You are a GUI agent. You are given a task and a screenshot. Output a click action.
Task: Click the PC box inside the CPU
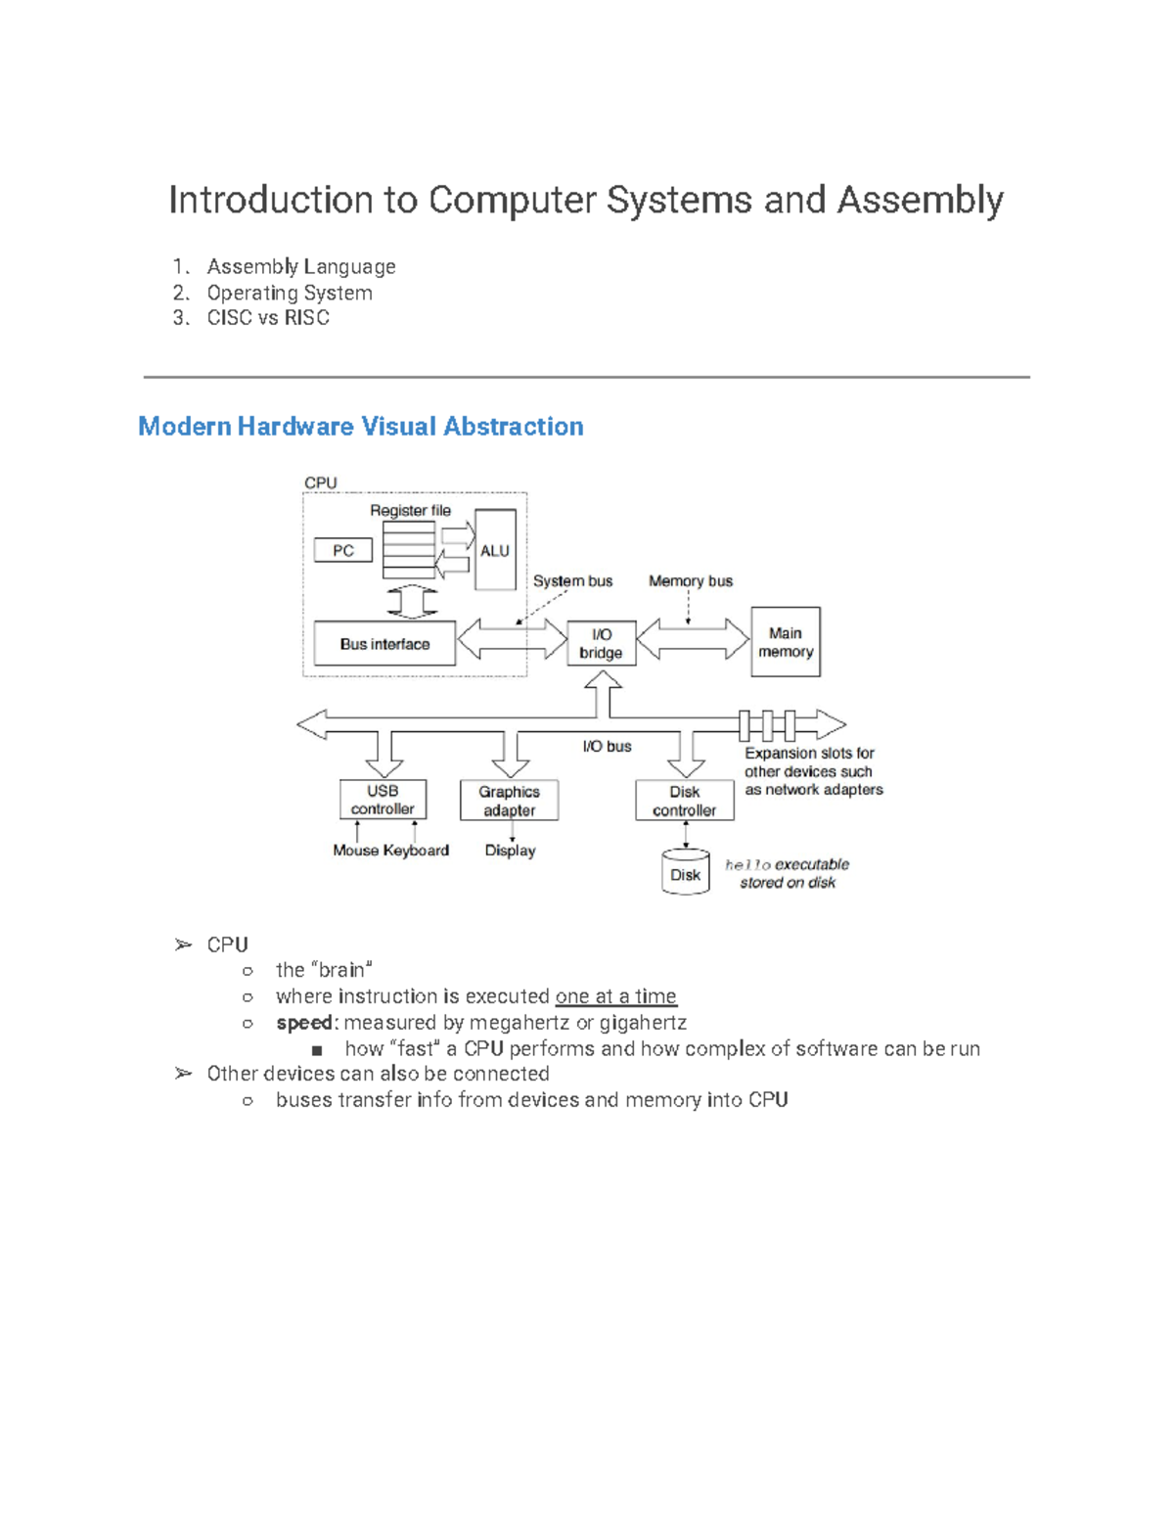(x=342, y=550)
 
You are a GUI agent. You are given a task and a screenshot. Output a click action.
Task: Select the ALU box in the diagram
(x=495, y=550)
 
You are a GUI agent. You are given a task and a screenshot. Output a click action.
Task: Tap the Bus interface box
(x=384, y=644)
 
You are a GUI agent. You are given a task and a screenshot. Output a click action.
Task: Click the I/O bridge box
(x=601, y=643)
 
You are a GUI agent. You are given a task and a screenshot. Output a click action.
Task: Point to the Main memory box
(x=785, y=642)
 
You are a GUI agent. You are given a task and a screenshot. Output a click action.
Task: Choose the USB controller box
(x=383, y=800)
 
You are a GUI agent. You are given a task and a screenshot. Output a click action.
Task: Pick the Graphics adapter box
(x=509, y=801)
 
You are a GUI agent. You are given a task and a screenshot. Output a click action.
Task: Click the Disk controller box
(x=684, y=801)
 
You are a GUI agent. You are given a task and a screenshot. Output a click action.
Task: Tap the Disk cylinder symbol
(x=685, y=873)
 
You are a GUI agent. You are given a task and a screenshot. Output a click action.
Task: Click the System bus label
(x=572, y=580)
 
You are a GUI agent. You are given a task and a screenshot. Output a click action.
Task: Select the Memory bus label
(x=690, y=580)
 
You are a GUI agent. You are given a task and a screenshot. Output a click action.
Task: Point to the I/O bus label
(x=607, y=746)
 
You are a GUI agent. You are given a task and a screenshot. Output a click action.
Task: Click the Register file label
(x=410, y=510)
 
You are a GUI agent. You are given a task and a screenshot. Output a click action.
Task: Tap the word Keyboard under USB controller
(x=416, y=851)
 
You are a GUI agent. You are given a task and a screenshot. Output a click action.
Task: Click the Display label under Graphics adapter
(x=510, y=851)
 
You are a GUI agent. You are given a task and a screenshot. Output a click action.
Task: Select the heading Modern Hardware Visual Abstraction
(x=360, y=427)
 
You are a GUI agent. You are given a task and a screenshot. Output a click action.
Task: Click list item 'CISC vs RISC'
(x=267, y=318)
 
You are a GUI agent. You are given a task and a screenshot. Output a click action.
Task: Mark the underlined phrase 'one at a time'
(x=615, y=996)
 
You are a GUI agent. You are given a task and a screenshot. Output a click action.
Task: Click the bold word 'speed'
(x=304, y=1023)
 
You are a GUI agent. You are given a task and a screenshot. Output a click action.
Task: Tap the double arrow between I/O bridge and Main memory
(x=694, y=640)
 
